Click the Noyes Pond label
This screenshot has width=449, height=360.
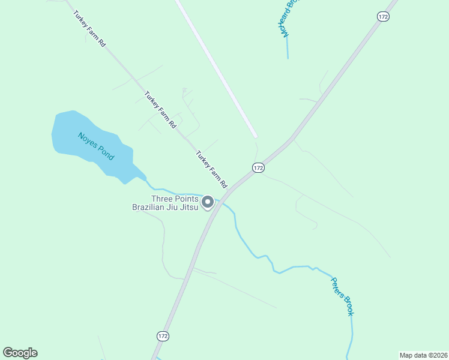coord(95,145)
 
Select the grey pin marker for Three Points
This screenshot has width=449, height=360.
coord(208,202)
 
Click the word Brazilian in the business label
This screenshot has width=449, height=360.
coord(152,208)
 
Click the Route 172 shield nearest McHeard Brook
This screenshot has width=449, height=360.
coord(384,16)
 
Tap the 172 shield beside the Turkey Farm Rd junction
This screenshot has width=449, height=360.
coord(258,168)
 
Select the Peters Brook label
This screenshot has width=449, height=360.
coord(342,296)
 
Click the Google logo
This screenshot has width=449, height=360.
coord(20,353)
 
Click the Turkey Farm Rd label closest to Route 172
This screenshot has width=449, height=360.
coord(212,167)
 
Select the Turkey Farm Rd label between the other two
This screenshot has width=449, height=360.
coord(160,109)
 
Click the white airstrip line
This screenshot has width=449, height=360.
coord(216,66)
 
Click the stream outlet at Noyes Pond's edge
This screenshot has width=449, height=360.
coord(145,178)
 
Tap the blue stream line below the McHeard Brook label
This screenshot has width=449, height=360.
coord(288,48)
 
